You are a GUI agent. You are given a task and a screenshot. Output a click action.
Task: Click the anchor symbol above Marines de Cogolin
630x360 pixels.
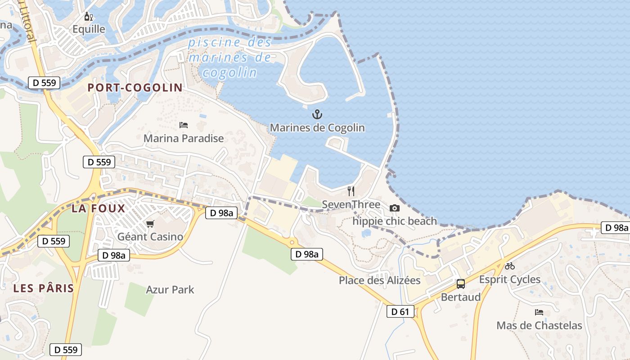click(x=317, y=114)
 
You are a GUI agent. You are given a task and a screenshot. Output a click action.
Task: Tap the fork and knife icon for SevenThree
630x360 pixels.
click(x=351, y=191)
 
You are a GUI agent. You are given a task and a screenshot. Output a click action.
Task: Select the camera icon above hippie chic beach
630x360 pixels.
click(x=395, y=208)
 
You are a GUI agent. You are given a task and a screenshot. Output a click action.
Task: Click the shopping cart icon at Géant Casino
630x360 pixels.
click(x=150, y=224)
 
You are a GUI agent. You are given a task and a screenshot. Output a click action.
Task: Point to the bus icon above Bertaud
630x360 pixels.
click(x=461, y=283)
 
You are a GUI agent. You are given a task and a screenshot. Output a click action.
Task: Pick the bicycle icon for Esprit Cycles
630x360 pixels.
click(x=510, y=266)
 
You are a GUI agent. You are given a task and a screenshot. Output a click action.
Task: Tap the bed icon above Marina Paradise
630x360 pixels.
click(x=184, y=125)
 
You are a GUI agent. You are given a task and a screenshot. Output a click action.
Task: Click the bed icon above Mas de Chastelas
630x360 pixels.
click(x=539, y=312)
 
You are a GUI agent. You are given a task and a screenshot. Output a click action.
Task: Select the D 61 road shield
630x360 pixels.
click(x=400, y=311)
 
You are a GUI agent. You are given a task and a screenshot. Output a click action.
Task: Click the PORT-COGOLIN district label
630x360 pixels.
click(x=135, y=88)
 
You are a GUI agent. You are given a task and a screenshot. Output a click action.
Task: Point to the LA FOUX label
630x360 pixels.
click(x=98, y=208)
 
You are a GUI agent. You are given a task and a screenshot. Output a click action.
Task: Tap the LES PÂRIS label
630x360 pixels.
click(x=44, y=288)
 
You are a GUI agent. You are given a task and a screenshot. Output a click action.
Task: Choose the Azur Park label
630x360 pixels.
click(x=170, y=289)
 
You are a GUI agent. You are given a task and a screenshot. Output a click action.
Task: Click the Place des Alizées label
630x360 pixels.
click(x=379, y=280)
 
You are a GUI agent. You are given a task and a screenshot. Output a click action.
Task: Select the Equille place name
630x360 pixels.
click(x=89, y=29)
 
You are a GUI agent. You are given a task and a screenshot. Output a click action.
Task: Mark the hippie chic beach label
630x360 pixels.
click(x=395, y=221)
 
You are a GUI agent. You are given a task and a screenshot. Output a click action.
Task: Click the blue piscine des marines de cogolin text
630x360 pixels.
click(x=230, y=58)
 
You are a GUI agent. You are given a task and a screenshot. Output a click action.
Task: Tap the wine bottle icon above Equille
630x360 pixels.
click(x=89, y=17)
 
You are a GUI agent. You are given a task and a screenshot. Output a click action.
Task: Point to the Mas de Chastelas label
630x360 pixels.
click(x=539, y=325)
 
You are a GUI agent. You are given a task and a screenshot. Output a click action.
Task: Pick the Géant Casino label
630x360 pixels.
click(x=150, y=237)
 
